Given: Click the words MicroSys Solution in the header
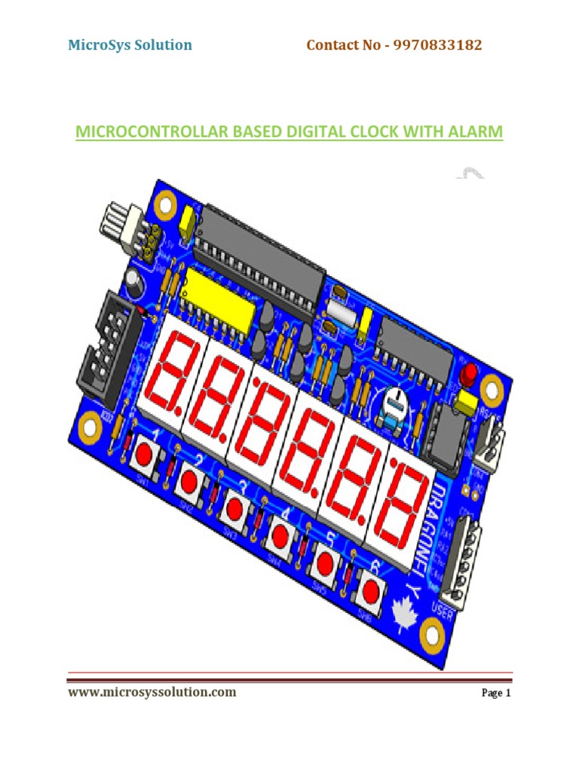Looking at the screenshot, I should click(130, 45).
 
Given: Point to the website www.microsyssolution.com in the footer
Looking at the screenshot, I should click(152, 692).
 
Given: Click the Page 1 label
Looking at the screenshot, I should click(496, 694).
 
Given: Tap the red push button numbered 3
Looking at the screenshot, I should click(235, 505).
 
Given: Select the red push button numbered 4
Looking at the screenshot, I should click(280, 535).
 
